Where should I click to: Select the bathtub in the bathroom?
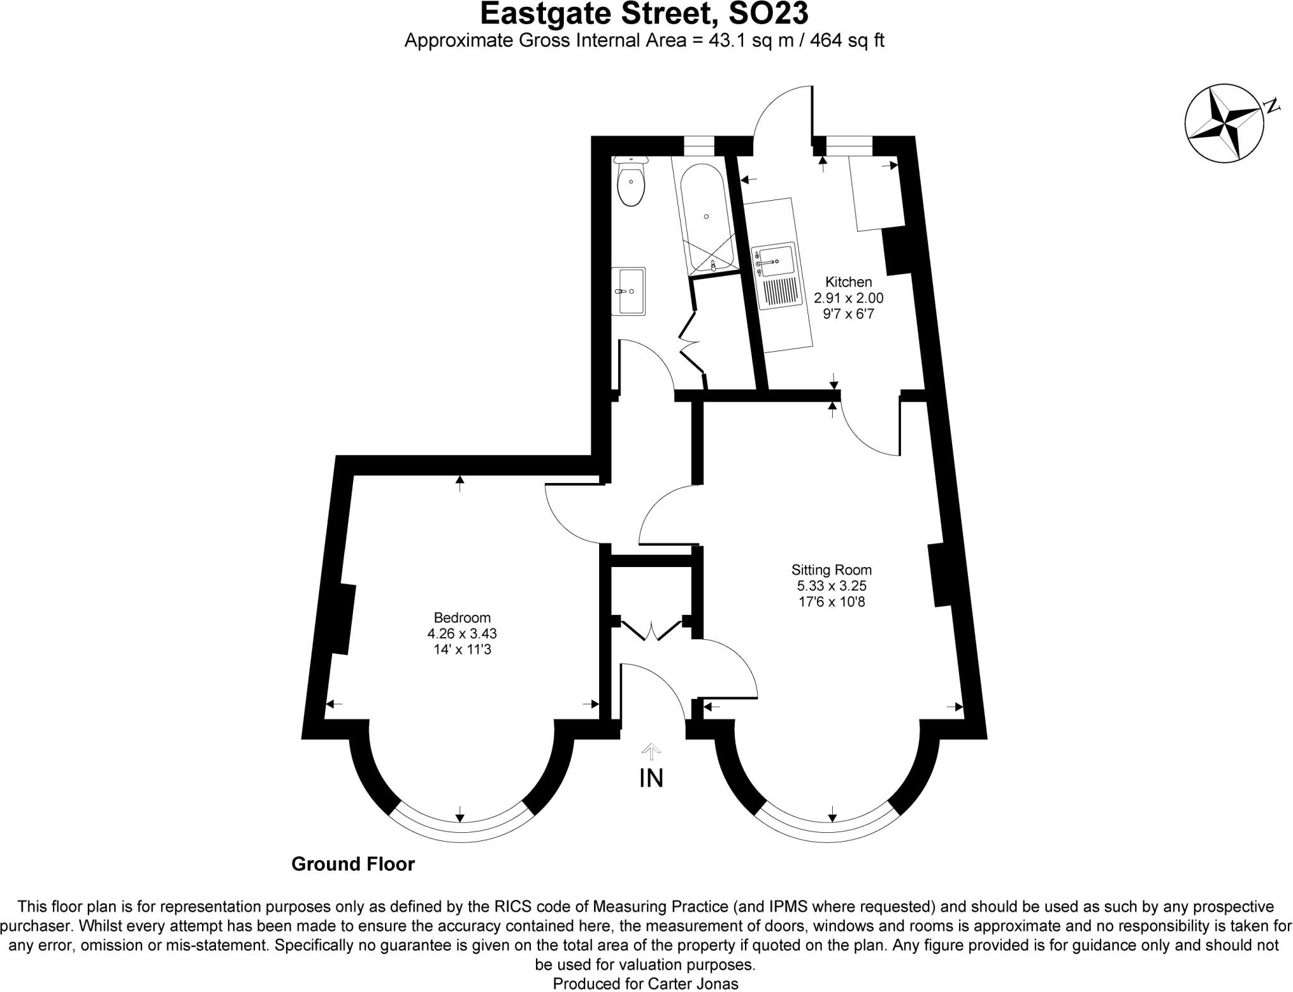707,218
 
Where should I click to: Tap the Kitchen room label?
848,282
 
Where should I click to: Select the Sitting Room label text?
831,570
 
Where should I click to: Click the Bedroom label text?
462,618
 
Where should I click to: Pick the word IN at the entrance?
651,778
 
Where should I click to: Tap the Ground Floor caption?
352,864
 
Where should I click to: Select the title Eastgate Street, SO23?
643,14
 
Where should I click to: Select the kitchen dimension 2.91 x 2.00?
848,297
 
